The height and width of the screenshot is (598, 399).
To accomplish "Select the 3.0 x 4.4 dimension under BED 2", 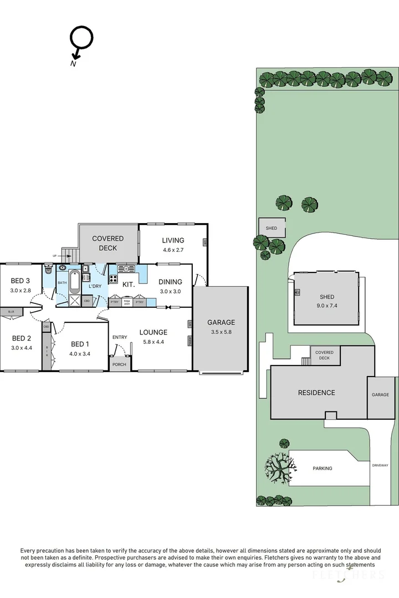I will coord(21,347).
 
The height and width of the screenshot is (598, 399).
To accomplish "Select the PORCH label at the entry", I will coord(119,364).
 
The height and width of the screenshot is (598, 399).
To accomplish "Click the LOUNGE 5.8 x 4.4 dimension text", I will coord(154,342).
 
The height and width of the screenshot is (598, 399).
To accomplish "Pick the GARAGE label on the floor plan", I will coord(221,322).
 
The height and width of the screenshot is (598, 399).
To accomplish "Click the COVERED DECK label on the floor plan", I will coord(108,243).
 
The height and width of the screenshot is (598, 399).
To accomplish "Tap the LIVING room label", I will coord(173,240).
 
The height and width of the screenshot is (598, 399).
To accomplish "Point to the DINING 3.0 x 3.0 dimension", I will coord(171,291).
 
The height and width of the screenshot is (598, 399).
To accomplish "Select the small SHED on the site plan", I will coord(272,228).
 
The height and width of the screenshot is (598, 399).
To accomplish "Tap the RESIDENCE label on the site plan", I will coord(316,393).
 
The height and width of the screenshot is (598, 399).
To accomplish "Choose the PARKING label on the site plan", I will coord(323,468).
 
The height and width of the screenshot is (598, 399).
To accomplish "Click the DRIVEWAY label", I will coord(380,465).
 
